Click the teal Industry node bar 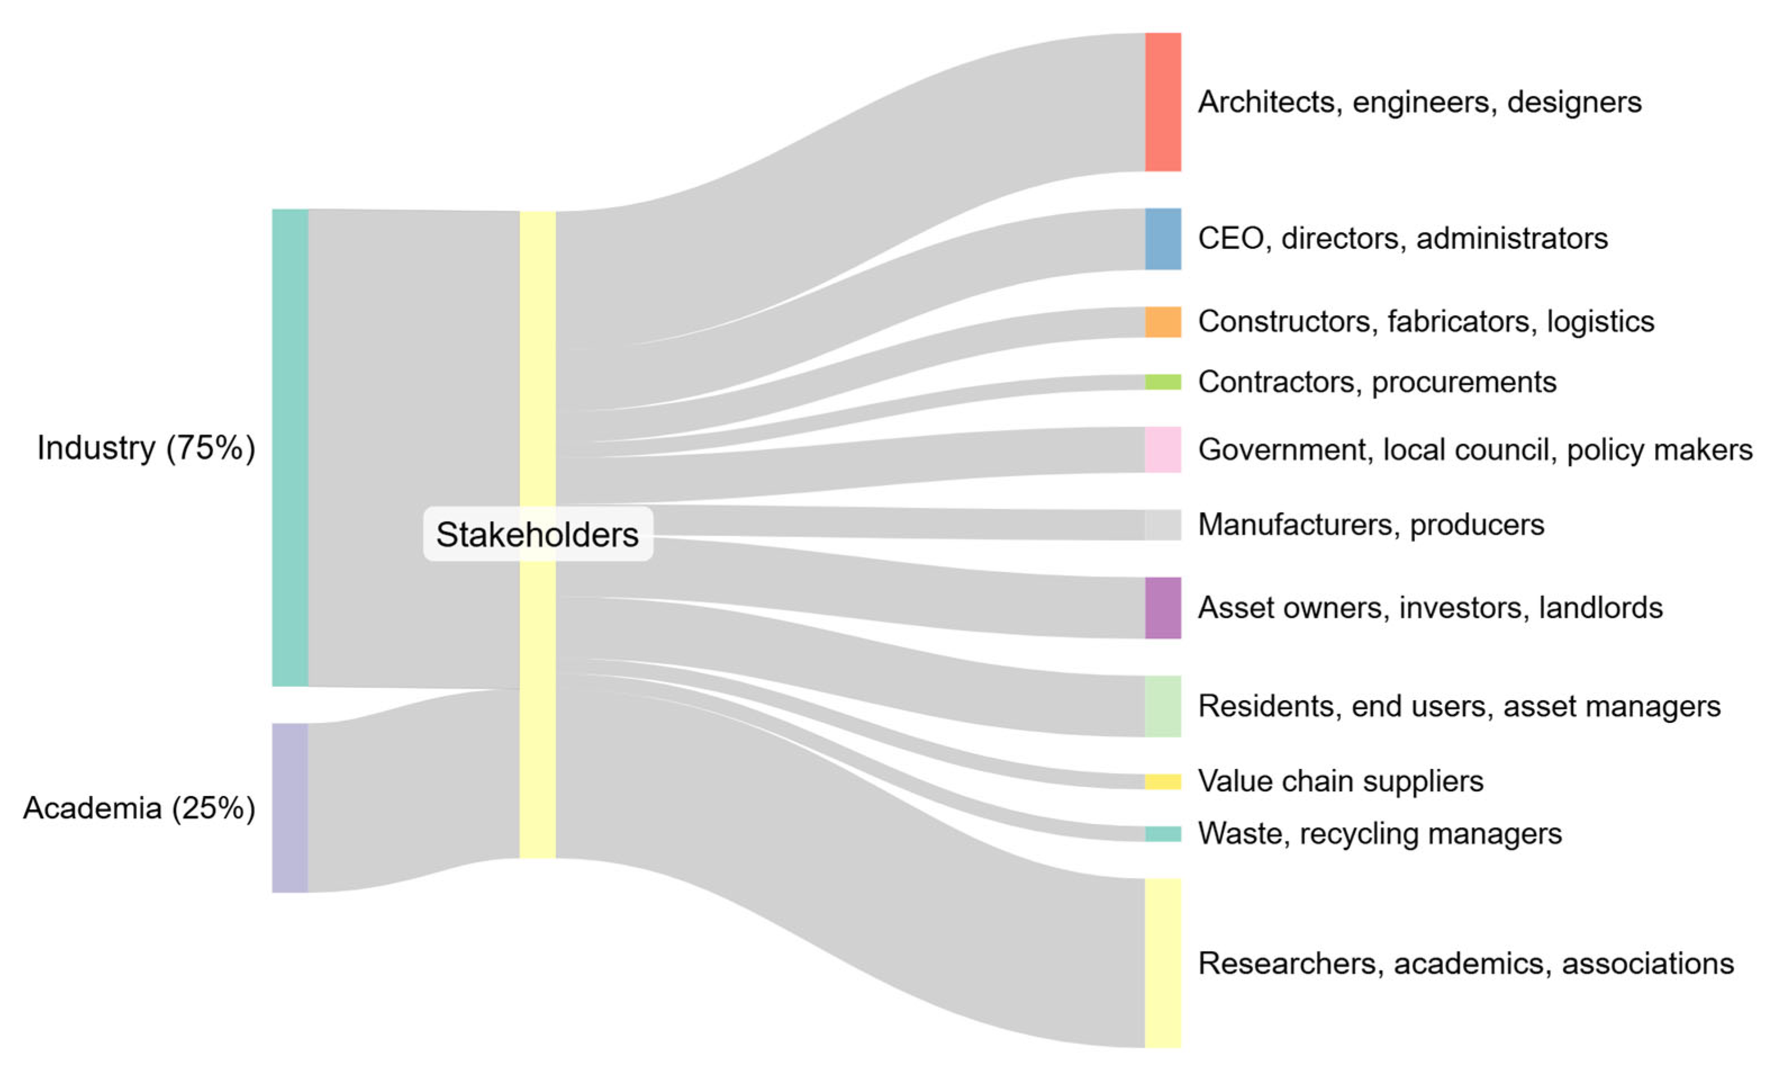tap(290, 447)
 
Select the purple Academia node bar tap(290, 808)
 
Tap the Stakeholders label tap(537, 535)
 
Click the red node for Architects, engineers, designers tap(1163, 102)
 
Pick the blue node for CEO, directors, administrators tap(1163, 238)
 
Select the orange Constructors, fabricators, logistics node tap(1163, 322)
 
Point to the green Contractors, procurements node tap(1163, 382)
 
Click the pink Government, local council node tap(1163, 450)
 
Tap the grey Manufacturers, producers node tap(1163, 524)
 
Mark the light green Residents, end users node tap(1163, 706)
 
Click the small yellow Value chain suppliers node tap(1163, 782)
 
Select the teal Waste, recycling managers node tap(1163, 834)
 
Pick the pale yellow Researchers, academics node tap(1163, 963)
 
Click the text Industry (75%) tap(146, 448)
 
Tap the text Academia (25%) tap(139, 808)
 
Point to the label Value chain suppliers tap(1341, 781)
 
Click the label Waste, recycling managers tap(1380, 834)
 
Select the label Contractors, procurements tap(1377, 382)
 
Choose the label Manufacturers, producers tap(1371, 524)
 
